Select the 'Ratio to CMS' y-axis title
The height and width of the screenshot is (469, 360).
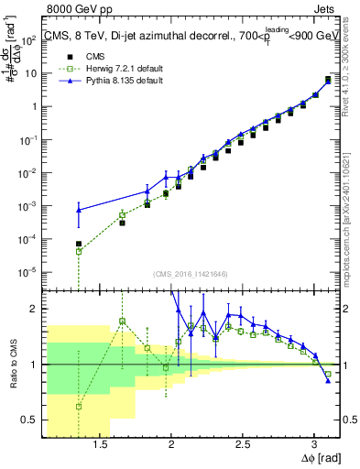[x=13, y=365]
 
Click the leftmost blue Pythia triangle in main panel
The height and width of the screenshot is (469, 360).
[x=79, y=210]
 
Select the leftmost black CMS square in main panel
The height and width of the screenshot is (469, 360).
[x=79, y=244]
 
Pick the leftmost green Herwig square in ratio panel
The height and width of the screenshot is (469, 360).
[x=79, y=407]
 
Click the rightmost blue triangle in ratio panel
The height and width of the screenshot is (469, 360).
[x=328, y=381]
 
